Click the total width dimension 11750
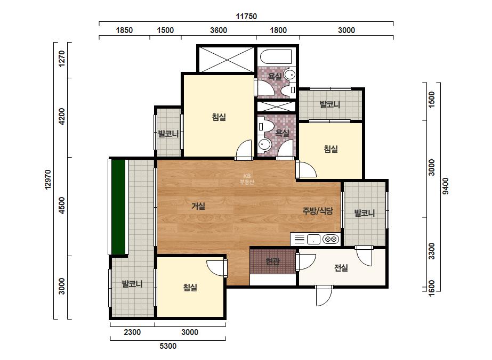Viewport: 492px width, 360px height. [246, 17]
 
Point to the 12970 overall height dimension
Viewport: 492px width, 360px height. [47, 179]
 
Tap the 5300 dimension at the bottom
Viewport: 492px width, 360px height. [168, 346]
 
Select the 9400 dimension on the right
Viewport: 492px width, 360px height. [446, 186]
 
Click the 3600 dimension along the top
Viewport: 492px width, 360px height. [219, 30]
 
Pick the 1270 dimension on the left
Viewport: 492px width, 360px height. [62, 59]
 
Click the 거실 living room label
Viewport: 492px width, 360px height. [198, 206]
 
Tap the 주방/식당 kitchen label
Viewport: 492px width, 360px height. [318, 211]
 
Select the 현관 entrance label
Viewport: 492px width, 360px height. [272, 261]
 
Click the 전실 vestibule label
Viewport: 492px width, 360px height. [341, 268]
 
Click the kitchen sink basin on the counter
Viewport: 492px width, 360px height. [313, 239]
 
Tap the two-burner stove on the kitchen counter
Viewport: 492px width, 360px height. [330, 239]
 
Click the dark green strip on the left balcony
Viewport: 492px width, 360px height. [119, 207]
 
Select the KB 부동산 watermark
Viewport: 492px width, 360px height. [247, 179]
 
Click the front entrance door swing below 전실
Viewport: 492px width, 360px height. [324, 296]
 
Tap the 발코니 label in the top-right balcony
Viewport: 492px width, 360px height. [329, 104]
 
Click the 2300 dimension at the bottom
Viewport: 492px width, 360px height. [132, 332]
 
